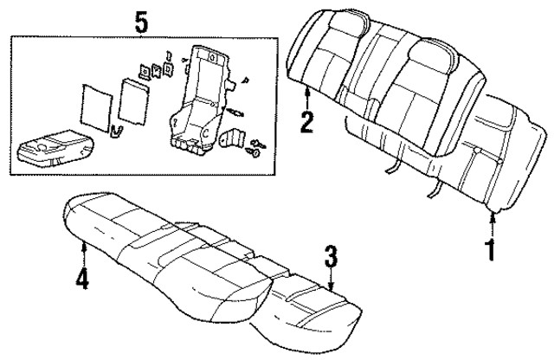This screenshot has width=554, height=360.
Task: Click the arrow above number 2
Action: pos(306,95)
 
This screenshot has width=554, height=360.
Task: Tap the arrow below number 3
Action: pos(331,279)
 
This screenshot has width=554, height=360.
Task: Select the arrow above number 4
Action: pos(83,254)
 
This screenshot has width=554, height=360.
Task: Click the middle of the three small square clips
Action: pos(156,69)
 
